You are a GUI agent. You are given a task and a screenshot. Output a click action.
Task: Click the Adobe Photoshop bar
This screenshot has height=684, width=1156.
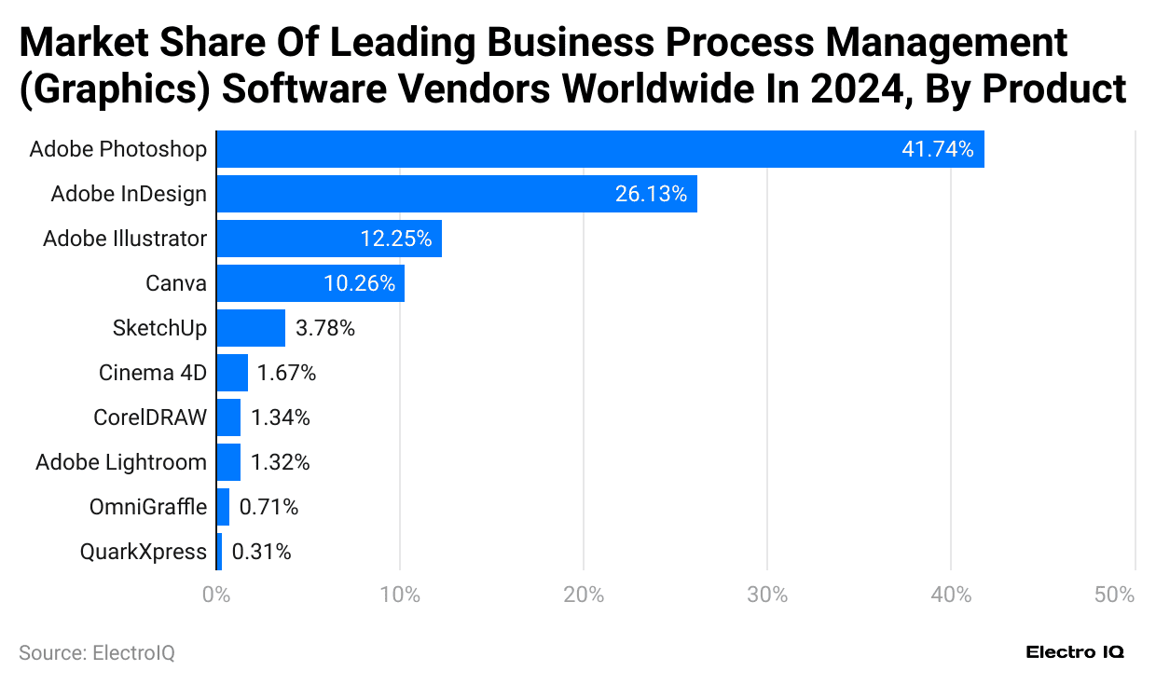[600, 149]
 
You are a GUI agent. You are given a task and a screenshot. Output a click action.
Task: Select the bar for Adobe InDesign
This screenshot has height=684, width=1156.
[457, 194]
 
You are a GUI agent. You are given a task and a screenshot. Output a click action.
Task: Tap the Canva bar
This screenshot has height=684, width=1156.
[310, 283]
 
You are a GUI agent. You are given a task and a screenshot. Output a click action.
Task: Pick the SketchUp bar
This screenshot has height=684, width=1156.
[251, 328]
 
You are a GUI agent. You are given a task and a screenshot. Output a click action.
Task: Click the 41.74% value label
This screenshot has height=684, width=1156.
[937, 149]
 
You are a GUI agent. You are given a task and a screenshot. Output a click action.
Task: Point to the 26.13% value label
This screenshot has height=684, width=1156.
[651, 194]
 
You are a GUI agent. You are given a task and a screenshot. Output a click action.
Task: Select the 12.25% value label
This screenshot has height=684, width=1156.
[395, 239]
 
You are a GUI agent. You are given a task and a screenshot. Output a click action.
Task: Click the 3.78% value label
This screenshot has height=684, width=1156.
[324, 328]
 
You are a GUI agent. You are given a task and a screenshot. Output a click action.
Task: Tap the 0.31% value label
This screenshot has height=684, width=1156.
[261, 552]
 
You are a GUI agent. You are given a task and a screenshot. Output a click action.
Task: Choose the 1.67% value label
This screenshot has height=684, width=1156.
[286, 373]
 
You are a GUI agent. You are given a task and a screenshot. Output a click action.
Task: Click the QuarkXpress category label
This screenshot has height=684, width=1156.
[143, 552]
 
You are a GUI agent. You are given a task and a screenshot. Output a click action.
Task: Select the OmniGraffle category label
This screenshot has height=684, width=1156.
[147, 507]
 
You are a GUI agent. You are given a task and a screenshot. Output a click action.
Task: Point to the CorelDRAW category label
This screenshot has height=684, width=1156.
[150, 417]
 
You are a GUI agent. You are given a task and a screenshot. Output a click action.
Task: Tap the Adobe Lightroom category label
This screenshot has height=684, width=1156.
[121, 462]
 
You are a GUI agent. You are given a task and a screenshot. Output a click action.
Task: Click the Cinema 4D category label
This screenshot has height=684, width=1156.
[153, 373]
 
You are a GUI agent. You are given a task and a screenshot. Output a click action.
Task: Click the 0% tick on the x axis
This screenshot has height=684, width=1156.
[216, 595]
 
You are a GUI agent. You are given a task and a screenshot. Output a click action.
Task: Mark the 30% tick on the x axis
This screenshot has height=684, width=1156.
[767, 595]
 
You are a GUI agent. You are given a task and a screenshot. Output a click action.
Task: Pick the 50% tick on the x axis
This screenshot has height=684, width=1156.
[1114, 595]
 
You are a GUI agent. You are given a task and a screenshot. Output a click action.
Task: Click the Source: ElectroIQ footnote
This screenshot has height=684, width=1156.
[97, 653]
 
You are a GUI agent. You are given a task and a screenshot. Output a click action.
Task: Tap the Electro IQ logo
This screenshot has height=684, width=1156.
[1075, 652]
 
